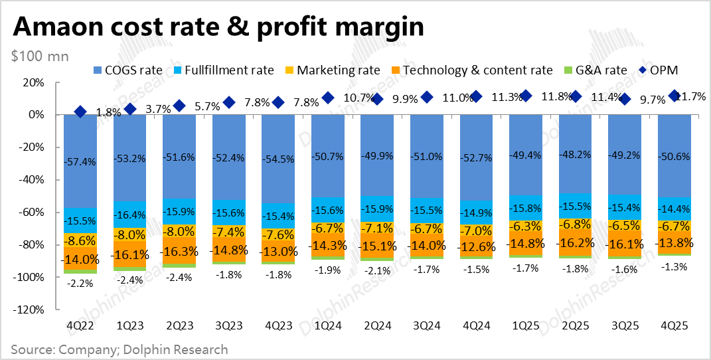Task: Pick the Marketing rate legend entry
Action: point(332,70)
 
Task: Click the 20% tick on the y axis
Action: point(33,82)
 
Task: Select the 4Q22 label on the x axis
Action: point(80,326)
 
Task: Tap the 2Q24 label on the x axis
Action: point(378,326)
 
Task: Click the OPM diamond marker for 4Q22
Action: point(80,112)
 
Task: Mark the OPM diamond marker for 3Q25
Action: point(625,99)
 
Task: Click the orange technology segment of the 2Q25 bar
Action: point(576,242)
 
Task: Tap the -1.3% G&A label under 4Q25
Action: point(674,266)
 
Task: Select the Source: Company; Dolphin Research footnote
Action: point(119,349)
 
